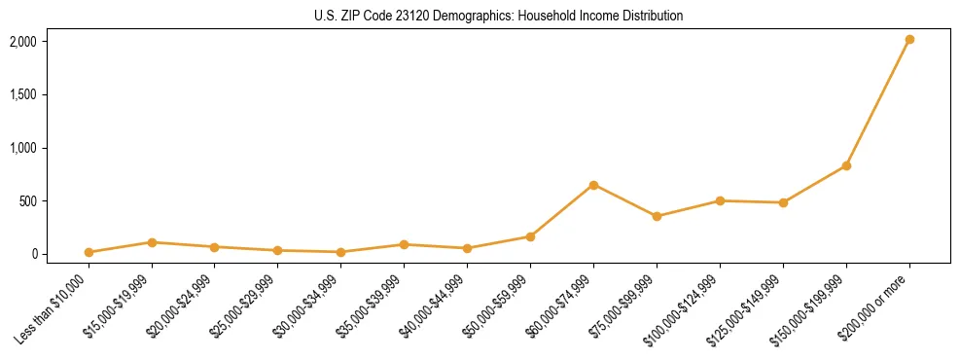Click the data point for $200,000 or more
point(909,39)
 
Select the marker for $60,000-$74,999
point(593,185)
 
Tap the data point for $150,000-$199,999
point(846,165)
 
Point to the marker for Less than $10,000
point(89,252)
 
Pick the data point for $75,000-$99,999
point(657,216)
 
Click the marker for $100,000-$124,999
point(720,200)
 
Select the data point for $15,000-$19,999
point(152,242)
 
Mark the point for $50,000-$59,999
point(530,236)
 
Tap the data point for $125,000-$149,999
point(783,202)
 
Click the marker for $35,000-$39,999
point(404,244)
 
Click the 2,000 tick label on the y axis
point(22,42)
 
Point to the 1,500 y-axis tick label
point(22,95)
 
